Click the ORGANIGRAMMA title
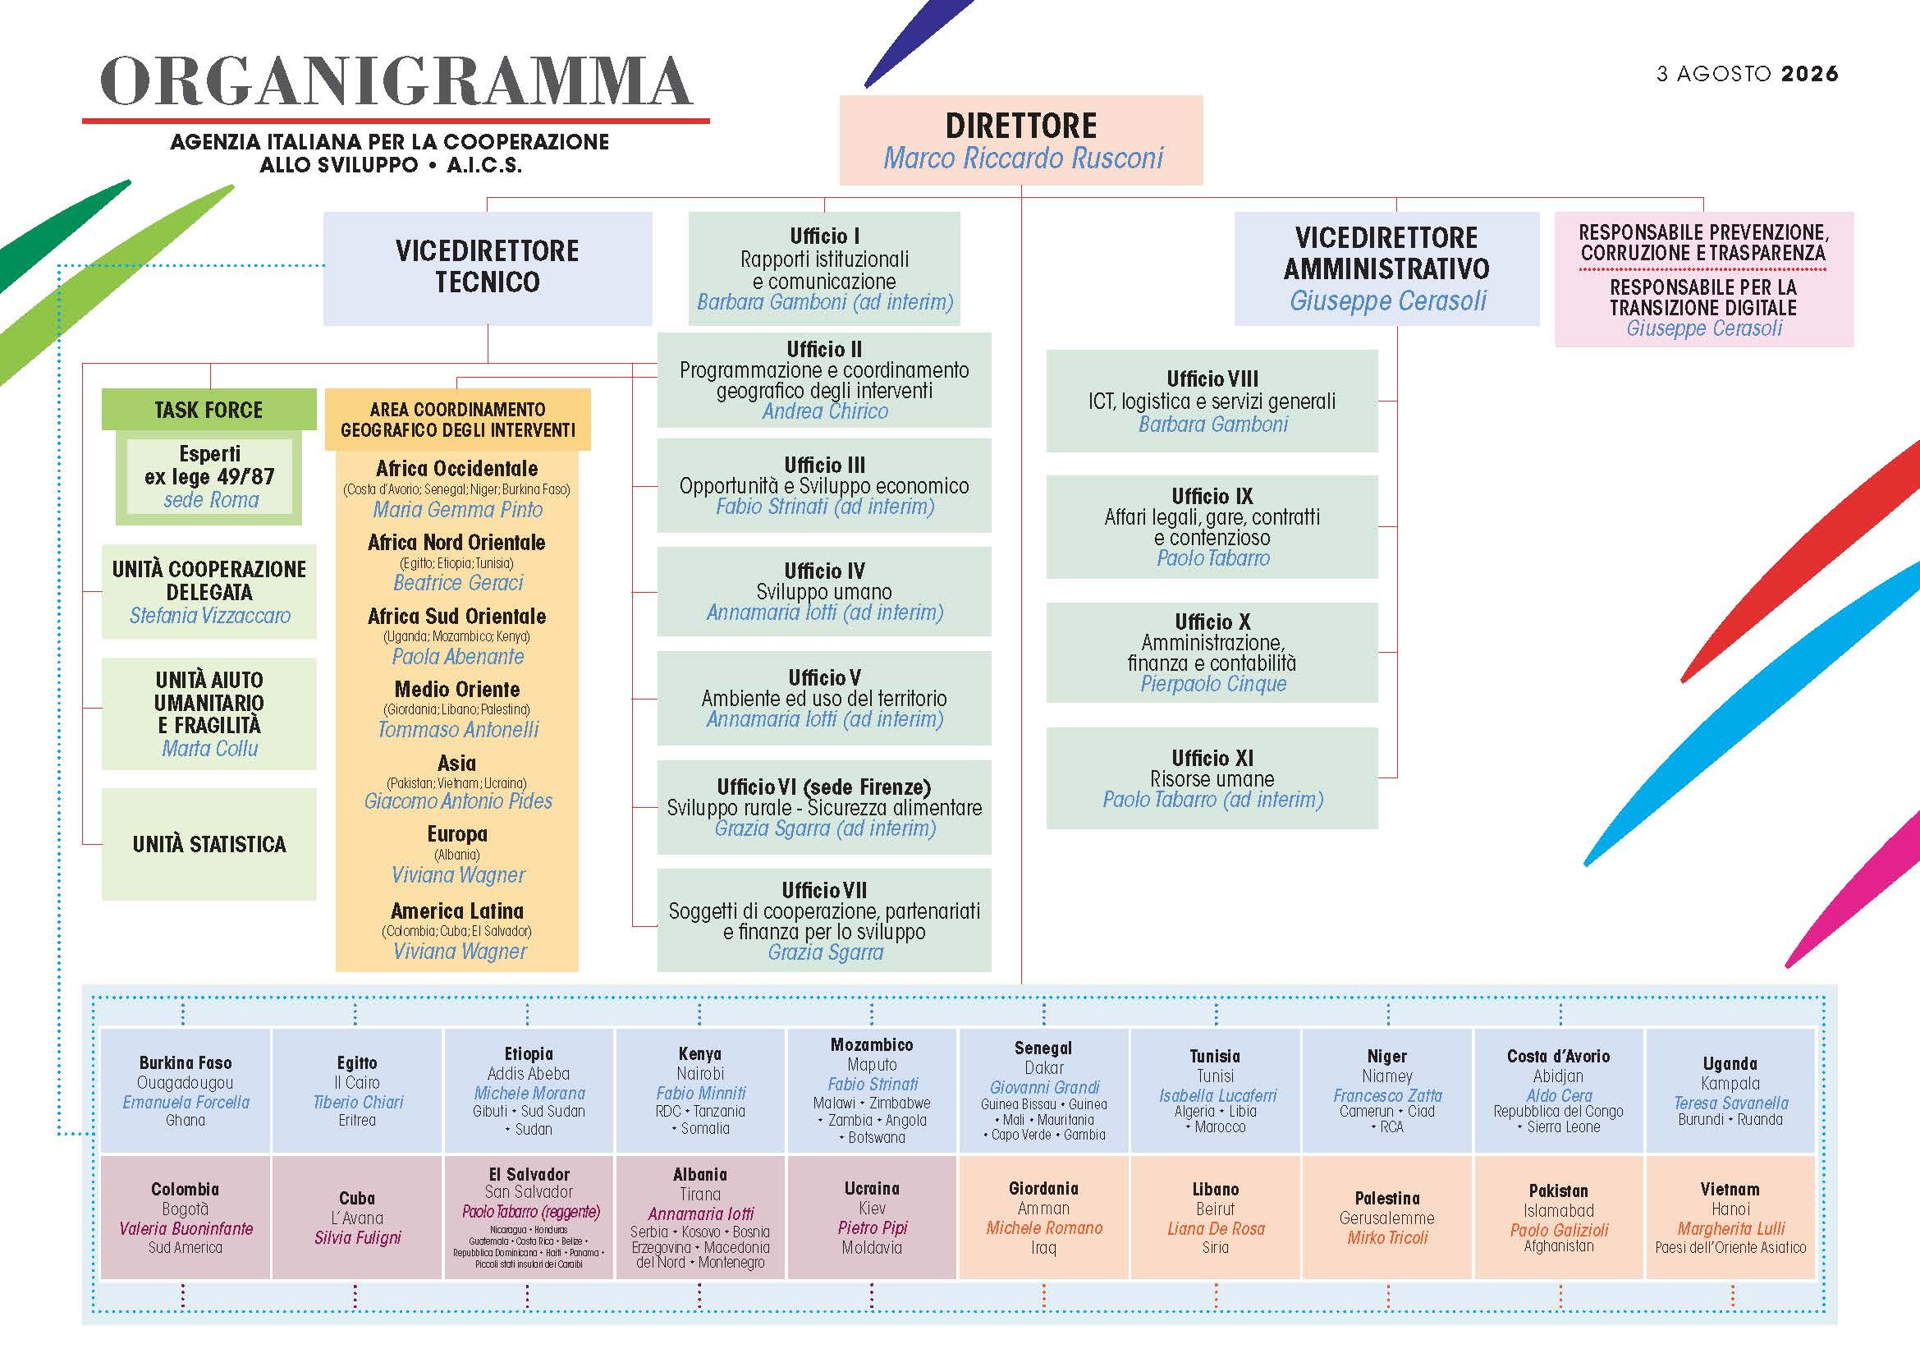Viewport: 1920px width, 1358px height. click(396, 81)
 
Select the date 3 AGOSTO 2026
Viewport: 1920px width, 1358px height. click(1747, 74)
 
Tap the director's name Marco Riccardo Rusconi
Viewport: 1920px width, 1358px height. click(1024, 157)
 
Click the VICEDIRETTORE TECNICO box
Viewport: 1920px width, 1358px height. click(488, 268)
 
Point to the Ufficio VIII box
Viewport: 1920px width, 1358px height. click(1212, 401)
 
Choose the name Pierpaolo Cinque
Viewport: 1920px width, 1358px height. click(1213, 684)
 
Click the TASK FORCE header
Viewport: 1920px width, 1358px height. click(209, 410)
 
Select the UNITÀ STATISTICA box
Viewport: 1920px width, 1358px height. click(209, 844)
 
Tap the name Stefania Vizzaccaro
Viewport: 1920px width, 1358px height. click(210, 616)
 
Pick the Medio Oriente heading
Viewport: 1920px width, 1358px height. click(457, 689)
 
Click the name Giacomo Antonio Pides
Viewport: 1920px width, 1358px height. click(458, 801)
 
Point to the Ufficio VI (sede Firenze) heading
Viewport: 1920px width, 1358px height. click(823, 787)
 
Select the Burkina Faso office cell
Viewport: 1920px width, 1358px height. click(185, 1090)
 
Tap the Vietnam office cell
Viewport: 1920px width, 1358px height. click(1730, 1218)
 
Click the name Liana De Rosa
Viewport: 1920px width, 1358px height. click(1216, 1228)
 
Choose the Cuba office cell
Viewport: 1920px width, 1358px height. click(357, 1218)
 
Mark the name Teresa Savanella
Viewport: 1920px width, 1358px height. click(1731, 1103)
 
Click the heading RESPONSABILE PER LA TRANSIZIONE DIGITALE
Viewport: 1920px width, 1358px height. click(1703, 297)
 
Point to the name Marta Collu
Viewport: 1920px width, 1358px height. click(210, 749)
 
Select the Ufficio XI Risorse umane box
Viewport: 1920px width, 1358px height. click(1212, 778)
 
